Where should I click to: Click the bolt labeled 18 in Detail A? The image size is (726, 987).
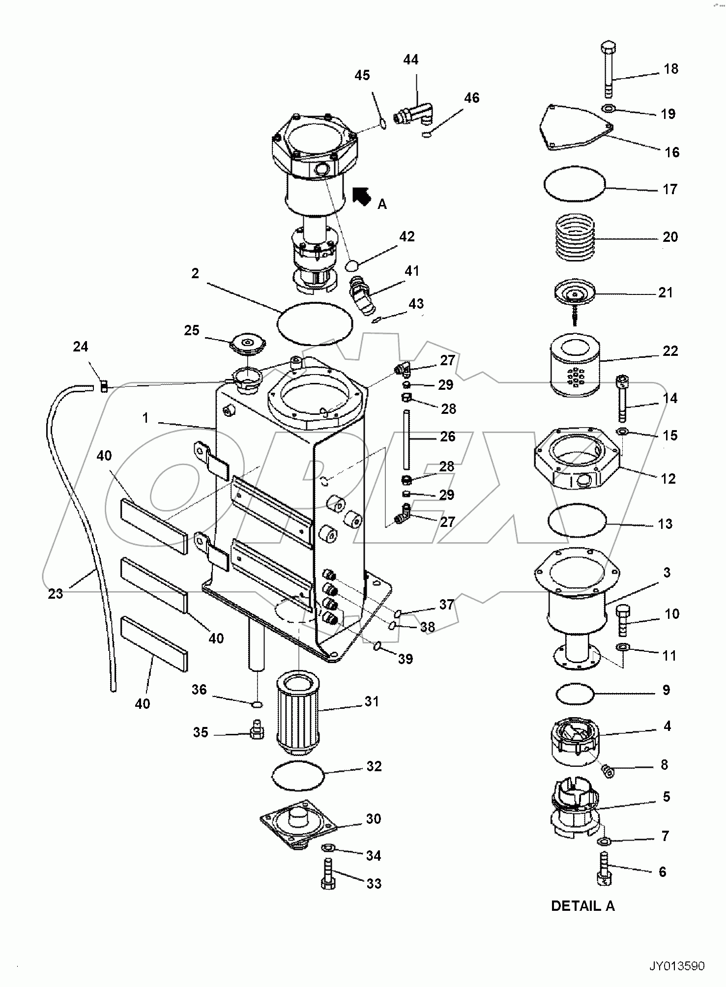pyautogui.click(x=608, y=69)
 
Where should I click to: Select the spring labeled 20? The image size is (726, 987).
pyautogui.click(x=575, y=236)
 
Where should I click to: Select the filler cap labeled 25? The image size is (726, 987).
pyautogui.click(x=249, y=343)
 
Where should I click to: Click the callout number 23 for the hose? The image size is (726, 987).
pyautogui.click(x=56, y=593)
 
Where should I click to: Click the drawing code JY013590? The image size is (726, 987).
pyautogui.click(x=677, y=966)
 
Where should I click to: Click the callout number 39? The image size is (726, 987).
pyautogui.click(x=405, y=659)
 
